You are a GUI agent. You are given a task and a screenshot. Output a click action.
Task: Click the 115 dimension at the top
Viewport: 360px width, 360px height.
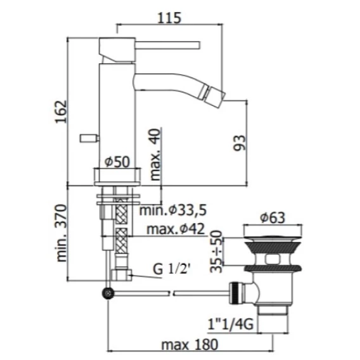[x=169, y=18]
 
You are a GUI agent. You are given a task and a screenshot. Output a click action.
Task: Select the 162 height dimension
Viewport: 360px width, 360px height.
[x=61, y=112]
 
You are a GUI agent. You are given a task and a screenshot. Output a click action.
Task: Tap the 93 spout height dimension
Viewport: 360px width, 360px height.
[x=239, y=143]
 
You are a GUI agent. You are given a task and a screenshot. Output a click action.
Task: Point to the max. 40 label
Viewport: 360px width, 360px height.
[x=155, y=154]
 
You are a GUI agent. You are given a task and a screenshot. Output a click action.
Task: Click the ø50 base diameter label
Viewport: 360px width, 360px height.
[x=117, y=162]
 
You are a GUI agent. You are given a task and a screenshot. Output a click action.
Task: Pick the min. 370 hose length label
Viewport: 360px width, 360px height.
[x=61, y=233]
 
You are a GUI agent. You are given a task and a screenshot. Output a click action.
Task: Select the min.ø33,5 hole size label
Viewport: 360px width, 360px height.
[x=173, y=210]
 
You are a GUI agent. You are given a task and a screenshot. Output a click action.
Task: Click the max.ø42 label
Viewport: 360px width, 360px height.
[x=176, y=229]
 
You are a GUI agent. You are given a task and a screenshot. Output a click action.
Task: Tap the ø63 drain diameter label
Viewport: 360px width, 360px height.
[x=273, y=217]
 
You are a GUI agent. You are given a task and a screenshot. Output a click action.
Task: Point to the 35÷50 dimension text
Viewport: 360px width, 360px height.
[x=216, y=252]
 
